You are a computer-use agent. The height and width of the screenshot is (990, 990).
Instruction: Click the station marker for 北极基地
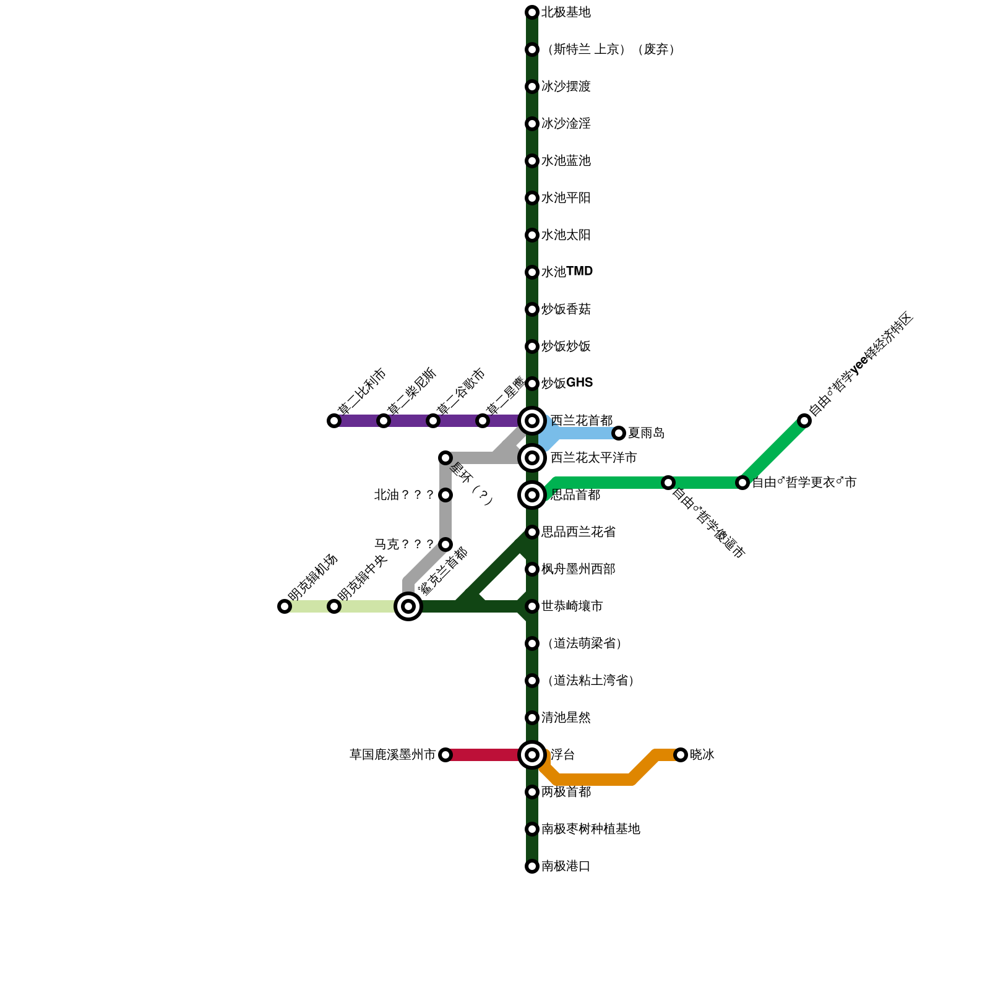point(532,12)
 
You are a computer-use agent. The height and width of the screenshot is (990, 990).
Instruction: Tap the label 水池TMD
point(567,272)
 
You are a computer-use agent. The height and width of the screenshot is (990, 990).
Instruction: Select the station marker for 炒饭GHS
point(532,384)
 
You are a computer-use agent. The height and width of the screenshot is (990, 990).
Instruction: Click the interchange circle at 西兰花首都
point(532,421)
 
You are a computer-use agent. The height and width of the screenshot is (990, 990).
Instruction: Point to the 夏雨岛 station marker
point(619,433)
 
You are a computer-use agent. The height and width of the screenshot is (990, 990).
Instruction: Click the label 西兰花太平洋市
point(593,458)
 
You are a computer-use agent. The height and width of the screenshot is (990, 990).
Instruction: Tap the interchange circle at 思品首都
point(532,495)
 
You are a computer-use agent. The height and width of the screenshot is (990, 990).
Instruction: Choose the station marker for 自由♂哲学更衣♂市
point(742,483)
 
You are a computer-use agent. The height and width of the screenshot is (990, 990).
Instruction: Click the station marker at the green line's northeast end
point(804,421)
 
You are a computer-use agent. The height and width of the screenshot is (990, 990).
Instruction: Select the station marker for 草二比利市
point(334,421)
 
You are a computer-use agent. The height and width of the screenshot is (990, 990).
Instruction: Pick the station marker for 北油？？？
point(445,495)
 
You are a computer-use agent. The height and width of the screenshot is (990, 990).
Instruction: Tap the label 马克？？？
point(404,544)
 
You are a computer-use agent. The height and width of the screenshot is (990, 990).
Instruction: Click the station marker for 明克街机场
point(285,606)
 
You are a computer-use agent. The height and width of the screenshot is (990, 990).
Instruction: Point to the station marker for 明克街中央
point(334,606)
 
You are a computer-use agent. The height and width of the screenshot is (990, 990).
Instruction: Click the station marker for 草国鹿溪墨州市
point(445,755)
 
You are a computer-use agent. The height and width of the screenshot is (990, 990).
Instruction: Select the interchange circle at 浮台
point(532,755)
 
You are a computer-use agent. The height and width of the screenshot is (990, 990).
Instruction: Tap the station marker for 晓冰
point(681,755)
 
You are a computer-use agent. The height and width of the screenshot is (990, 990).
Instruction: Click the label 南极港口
point(566,866)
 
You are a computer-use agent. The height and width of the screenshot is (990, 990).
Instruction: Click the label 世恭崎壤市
point(572,606)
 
